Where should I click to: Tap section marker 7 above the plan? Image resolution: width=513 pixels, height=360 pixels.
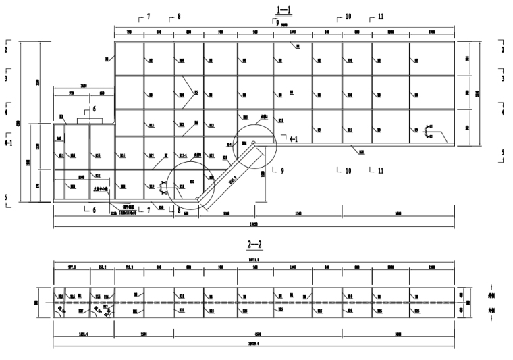coord(148,15)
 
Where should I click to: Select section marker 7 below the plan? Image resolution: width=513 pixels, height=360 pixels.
coord(148,211)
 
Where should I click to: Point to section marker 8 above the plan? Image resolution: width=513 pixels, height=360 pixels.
coord(179,15)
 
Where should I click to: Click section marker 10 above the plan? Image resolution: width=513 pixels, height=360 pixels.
coord(348,16)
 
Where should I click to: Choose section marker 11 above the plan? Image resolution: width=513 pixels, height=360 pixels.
coord(381,16)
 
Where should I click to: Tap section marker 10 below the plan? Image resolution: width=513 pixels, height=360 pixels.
coord(348,171)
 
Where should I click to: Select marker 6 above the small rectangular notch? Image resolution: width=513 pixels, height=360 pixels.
coord(94,109)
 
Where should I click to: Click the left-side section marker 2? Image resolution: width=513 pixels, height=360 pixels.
coord(5,50)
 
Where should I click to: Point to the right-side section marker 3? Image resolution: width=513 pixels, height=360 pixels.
coord(503,78)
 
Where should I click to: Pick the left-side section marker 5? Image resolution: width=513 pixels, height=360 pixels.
coord(5,198)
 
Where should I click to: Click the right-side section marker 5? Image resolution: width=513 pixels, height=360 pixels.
coord(503,153)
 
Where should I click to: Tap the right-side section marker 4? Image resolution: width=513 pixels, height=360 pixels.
coord(503,113)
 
